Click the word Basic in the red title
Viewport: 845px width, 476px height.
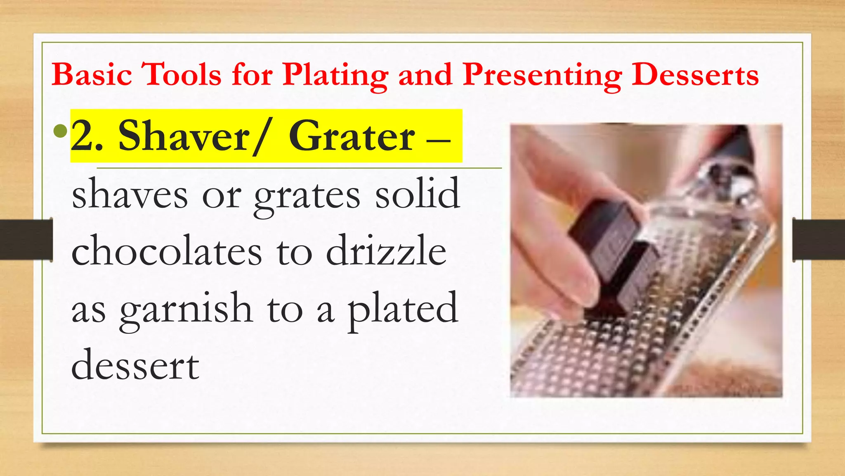[92, 75]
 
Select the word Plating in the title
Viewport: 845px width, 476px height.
[335, 76]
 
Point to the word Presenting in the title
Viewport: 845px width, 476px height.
[542, 76]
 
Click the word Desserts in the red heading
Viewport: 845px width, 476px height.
[695, 75]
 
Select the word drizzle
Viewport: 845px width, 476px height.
[386, 250]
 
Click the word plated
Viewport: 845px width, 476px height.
[403, 308]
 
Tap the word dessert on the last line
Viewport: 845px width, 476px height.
[135, 365]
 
